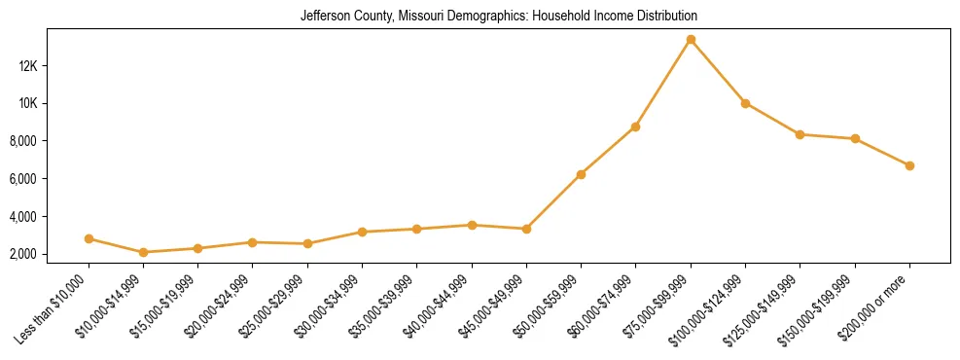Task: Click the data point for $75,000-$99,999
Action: (x=691, y=40)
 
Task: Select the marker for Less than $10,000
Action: (x=89, y=238)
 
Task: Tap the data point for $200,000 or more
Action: (x=909, y=165)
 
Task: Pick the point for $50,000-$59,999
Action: (x=581, y=174)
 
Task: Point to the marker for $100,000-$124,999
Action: (x=745, y=103)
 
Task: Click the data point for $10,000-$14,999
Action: (x=143, y=252)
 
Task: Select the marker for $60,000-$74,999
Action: (x=635, y=126)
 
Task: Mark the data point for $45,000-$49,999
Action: (x=526, y=229)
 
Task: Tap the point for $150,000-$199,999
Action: (x=855, y=138)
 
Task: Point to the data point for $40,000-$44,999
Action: (x=472, y=225)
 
